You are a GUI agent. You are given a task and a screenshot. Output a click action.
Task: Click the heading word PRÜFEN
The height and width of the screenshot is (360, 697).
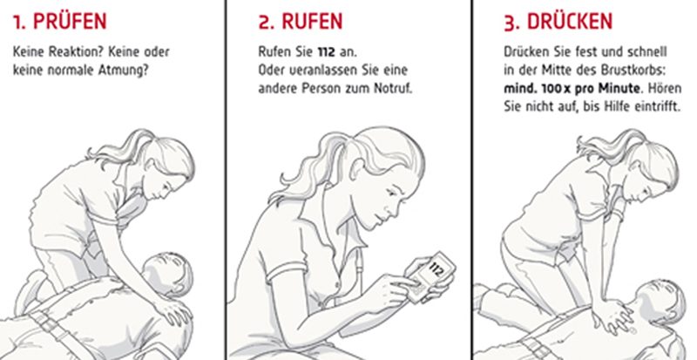pos(70,22)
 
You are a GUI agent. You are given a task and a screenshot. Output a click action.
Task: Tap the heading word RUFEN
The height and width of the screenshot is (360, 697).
pos(312,22)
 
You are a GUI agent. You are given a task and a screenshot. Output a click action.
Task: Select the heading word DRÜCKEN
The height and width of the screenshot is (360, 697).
pos(570,22)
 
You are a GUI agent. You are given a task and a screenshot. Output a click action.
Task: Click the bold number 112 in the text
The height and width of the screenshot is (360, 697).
pos(326,52)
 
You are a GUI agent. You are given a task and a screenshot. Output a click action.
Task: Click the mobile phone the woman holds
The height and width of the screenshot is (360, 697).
pos(431,277)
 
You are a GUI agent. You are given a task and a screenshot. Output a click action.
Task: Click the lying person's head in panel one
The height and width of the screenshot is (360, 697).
pos(168,274)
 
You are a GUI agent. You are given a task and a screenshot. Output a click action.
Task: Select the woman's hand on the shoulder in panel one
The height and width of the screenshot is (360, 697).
pos(173,311)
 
